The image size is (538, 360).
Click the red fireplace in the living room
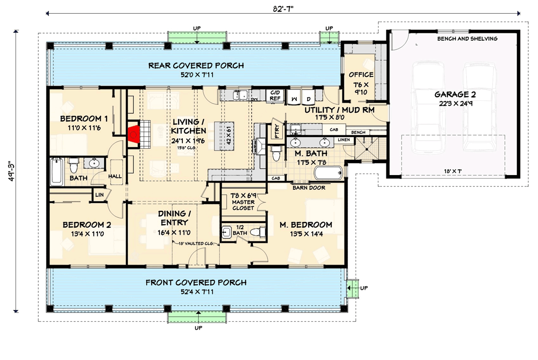click(134, 133)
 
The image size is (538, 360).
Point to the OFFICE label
click(361, 75)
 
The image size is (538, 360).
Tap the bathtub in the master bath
click(328, 173)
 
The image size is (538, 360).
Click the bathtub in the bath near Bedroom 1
click(57, 172)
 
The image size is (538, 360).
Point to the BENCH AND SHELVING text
click(467, 39)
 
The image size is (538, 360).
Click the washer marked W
click(294, 97)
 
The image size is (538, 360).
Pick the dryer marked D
click(309, 97)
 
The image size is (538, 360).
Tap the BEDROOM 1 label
click(84, 119)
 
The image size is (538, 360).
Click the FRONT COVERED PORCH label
click(196, 283)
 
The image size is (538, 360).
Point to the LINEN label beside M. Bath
click(344, 140)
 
